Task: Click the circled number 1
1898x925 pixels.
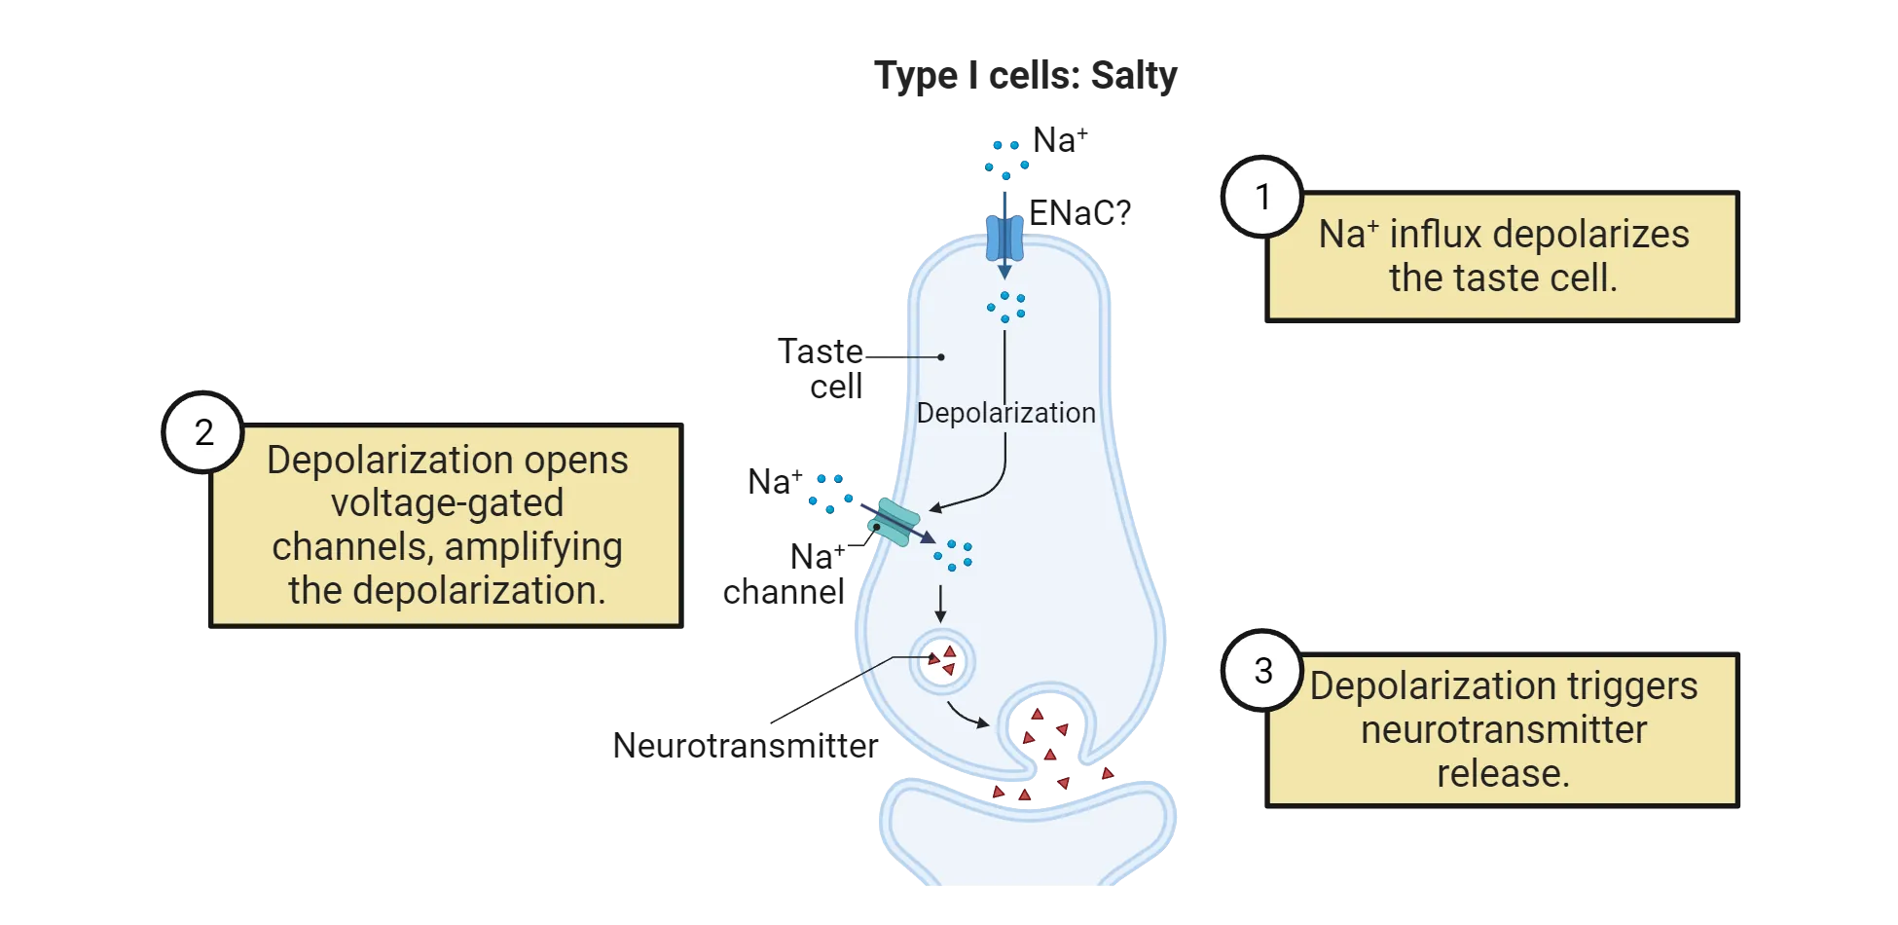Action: coord(1262,198)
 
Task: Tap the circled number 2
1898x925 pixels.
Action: coord(203,432)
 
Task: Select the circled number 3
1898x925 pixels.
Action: coord(1262,671)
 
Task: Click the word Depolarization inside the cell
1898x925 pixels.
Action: coord(1005,413)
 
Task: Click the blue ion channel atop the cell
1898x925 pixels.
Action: coord(1004,237)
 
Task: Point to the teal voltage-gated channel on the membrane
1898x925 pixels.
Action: coord(894,523)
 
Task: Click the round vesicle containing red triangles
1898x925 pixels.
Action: coord(941,661)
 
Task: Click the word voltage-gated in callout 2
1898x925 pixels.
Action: coord(447,503)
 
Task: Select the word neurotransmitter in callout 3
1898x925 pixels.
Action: coord(1503,730)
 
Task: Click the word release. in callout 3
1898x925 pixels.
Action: coord(1503,774)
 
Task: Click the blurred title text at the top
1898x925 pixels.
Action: coord(1027,76)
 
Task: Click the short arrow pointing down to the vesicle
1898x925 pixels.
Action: coord(940,604)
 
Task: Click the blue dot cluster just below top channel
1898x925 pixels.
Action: coord(1005,306)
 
